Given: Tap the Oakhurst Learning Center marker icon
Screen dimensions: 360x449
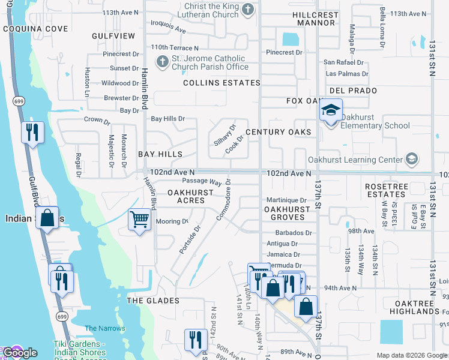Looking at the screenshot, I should tap(412, 159).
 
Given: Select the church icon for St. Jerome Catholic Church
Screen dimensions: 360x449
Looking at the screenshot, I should tap(161, 61).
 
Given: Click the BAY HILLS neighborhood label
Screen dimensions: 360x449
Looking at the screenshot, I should tap(160, 154).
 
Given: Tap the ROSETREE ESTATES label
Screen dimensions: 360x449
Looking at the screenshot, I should tap(387, 190).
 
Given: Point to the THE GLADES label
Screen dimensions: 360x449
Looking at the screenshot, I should tap(152, 300).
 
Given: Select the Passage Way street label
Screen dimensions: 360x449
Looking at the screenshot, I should tap(202, 181).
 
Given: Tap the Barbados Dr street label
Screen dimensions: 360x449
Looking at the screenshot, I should tap(294, 233).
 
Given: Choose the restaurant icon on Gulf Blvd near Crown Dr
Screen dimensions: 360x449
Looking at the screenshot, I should tap(32, 131).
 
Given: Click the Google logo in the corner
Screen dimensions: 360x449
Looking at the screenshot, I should tap(19, 352).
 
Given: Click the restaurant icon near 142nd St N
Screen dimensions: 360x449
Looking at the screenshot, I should tap(195, 339).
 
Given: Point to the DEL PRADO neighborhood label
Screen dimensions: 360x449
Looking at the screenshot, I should tap(353, 91).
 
